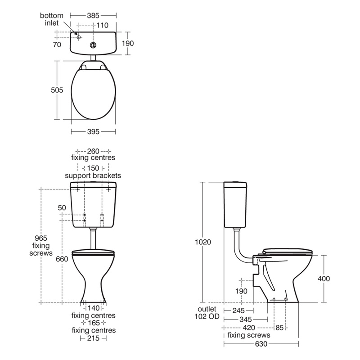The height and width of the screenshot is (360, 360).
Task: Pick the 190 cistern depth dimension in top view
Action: (128, 43)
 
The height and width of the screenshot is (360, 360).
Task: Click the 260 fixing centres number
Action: (93, 151)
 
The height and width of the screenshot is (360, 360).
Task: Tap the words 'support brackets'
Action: (93, 175)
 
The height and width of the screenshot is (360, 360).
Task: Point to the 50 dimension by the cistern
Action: (62, 207)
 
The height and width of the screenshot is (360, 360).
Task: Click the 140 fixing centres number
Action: (93, 308)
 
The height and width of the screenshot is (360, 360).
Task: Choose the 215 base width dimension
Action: (93, 337)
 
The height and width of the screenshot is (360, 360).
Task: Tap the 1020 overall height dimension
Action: (202, 242)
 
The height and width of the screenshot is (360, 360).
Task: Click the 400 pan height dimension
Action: (324, 279)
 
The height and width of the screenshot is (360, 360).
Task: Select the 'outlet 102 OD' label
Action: (207, 313)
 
